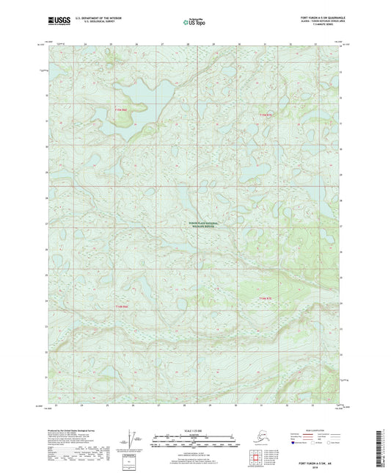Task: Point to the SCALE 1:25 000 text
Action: tap(195, 430)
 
